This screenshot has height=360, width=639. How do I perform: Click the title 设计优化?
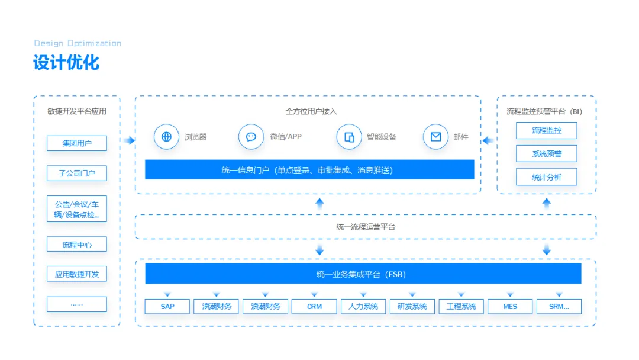(66, 63)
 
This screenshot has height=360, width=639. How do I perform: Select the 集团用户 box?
(77, 143)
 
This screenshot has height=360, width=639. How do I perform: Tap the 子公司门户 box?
(77, 173)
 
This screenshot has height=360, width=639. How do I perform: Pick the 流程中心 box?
(77, 245)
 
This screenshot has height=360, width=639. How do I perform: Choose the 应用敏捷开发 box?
(77, 274)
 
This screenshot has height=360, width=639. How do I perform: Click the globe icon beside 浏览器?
(166, 137)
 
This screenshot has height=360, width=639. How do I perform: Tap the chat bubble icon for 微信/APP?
(251, 137)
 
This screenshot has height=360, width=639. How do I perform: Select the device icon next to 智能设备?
(349, 137)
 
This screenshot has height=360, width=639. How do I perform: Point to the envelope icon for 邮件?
(435, 137)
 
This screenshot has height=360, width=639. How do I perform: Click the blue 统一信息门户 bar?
(309, 170)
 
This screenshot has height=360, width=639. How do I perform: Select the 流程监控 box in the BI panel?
(546, 130)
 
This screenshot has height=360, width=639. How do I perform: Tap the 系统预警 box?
(546, 154)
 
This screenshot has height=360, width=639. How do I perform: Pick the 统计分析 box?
(546, 177)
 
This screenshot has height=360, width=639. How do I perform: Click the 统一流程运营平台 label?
(365, 227)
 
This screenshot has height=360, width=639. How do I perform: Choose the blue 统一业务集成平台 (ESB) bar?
(363, 274)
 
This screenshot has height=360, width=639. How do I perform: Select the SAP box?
(167, 307)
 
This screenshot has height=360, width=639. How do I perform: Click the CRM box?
(314, 307)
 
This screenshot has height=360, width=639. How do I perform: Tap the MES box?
(510, 307)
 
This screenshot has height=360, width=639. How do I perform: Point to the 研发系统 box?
(412, 307)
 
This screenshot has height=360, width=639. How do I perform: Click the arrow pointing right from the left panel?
(129, 140)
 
